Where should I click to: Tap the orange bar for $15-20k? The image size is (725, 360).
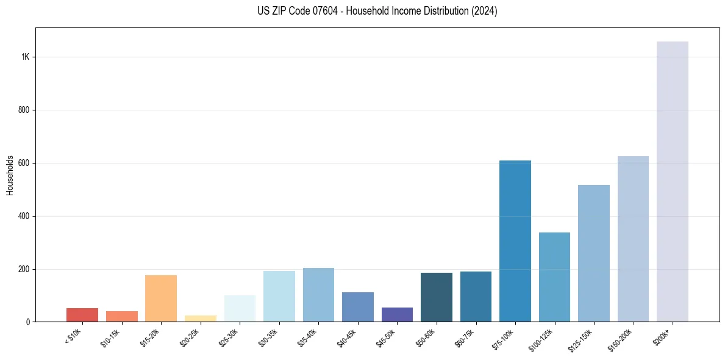click(x=161, y=298)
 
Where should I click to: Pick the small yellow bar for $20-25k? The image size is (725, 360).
click(x=200, y=319)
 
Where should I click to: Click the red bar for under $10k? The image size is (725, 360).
click(x=82, y=315)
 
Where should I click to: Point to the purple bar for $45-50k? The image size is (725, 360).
click(x=397, y=314)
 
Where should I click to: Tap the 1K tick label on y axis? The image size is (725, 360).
click(x=25, y=57)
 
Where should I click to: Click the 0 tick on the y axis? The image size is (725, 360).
click(x=28, y=322)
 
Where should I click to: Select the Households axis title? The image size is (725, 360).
click(x=10, y=175)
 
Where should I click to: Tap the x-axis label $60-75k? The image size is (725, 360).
click(x=465, y=338)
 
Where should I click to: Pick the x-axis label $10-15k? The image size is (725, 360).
click(x=110, y=338)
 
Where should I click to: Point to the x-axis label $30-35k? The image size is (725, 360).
click(x=268, y=338)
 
